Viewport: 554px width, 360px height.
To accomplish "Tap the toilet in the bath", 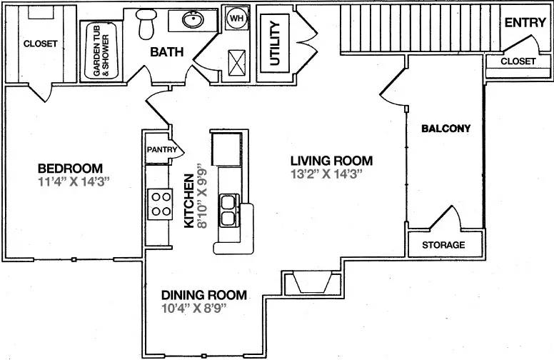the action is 146,24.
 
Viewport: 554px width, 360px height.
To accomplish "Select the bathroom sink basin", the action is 193,19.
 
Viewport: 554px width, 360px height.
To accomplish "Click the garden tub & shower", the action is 101,51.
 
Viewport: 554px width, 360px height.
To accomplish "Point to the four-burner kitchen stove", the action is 160,204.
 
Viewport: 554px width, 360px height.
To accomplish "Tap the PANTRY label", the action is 162,149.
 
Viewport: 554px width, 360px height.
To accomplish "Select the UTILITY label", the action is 275,43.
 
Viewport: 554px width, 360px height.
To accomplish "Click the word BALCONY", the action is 446,129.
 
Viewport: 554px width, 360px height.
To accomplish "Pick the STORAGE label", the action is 443,245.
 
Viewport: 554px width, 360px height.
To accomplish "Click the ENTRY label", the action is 525,23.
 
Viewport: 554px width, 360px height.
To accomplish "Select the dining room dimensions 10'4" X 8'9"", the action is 193,308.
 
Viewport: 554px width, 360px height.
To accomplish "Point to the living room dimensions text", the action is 327,174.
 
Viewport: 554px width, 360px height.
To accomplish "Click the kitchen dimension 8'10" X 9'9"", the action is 202,196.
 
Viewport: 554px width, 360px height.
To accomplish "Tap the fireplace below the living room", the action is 313,282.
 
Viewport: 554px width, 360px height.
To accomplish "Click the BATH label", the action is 167,52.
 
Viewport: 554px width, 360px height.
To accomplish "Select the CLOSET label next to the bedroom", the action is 40,44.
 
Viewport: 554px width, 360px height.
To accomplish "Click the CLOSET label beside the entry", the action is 518,61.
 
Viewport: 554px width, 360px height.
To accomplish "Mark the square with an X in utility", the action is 237,63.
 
